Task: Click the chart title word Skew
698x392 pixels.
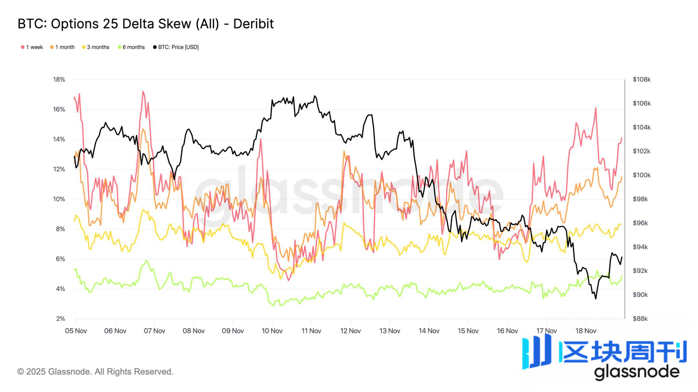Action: pos(177,24)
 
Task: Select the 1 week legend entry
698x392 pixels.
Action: pos(32,47)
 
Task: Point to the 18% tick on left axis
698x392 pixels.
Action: pos(59,79)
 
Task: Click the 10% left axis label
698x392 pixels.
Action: pos(59,199)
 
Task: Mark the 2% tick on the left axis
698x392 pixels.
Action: pos(60,319)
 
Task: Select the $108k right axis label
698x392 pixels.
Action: pos(641,79)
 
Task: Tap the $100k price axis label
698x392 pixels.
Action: pos(641,175)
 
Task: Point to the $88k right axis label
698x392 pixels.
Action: pos(640,319)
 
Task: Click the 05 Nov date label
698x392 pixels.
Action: pos(76,331)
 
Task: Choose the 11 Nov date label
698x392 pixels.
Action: pos(311,331)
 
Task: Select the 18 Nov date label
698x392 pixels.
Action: pos(586,331)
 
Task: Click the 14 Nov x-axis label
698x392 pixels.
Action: pos(429,331)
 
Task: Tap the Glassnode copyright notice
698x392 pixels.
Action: pos(95,372)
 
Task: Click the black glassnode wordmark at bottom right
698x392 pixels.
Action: pos(637,372)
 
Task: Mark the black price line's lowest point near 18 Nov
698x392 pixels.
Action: pos(596,299)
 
